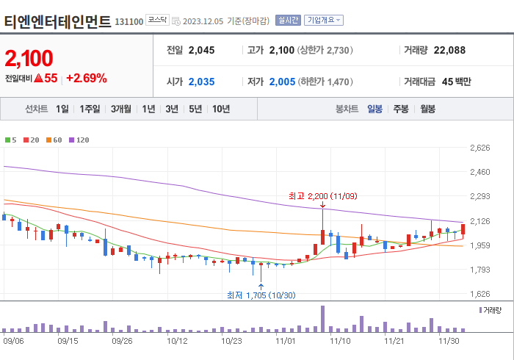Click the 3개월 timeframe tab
pos(121,109)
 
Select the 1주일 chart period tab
pos(90,109)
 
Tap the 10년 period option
pos(220,109)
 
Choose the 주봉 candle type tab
pos(401,109)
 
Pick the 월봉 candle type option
pos(427,109)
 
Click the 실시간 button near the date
pos(287,20)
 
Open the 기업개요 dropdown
pos(324,20)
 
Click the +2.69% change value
pos(87,78)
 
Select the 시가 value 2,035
pos(201,82)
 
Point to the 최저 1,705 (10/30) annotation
pos(261,295)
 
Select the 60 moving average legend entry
pos(55,140)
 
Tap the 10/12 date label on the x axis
pos(177,340)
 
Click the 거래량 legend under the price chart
pos(491,311)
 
